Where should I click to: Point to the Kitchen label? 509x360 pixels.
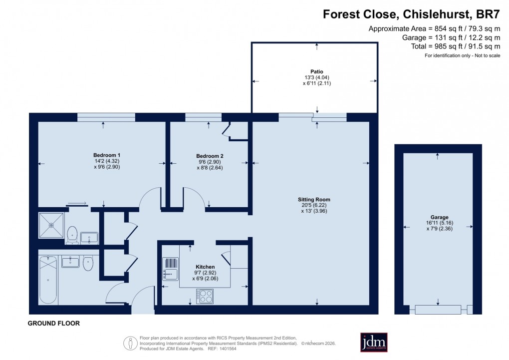(205, 267)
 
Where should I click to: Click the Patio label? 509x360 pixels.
(317, 71)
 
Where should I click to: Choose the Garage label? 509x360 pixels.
(438, 217)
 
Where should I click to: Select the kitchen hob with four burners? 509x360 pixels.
(205, 297)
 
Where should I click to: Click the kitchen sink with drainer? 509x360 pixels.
(170, 268)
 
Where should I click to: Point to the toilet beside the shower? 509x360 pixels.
(72, 234)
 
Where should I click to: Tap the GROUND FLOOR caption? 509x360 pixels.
(53, 324)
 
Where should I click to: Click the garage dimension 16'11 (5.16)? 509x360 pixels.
(438, 224)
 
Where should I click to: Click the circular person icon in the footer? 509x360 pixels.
(130, 343)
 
